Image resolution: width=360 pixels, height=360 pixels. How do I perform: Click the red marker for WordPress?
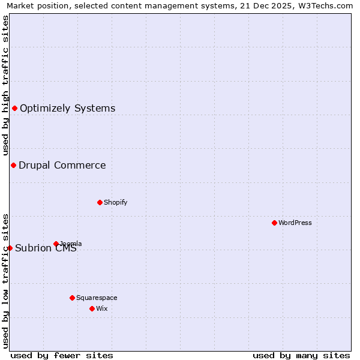point(274,223)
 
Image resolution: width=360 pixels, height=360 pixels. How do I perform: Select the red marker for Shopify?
point(100,202)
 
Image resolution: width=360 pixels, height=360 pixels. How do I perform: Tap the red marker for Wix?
point(92,308)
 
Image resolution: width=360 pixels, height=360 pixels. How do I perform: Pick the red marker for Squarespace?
point(72,298)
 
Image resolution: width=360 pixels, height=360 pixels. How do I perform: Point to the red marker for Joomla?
point(56,244)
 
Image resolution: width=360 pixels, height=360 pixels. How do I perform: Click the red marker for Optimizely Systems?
point(14,108)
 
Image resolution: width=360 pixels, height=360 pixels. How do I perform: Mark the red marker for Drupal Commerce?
point(13,165)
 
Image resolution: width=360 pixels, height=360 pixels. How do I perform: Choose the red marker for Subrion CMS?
point(10,248)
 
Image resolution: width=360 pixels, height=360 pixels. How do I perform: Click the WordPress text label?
point(295,223)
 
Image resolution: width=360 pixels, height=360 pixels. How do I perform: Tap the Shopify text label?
point(116,202)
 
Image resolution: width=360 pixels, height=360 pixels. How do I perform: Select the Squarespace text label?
point(97,298)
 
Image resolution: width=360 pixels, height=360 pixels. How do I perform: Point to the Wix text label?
point(102,308)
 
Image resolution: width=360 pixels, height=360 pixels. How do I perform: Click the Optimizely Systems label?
point(68,108)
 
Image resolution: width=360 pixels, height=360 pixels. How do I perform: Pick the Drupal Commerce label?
point(62,165)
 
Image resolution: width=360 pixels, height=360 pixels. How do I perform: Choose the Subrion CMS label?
point(46,248)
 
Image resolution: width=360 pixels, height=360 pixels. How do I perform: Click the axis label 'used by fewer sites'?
point(62,355)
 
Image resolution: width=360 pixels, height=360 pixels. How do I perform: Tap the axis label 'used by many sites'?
point(301,355)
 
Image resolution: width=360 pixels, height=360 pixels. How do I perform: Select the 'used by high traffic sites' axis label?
point(5,85)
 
